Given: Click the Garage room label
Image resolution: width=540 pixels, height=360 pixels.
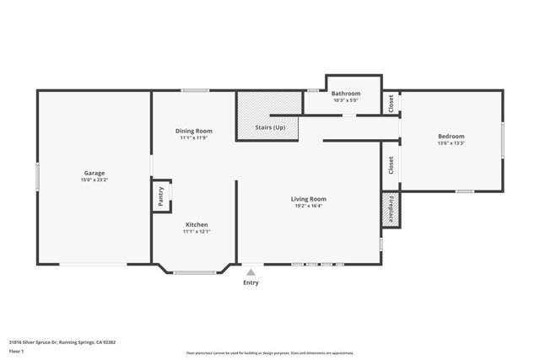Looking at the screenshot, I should click(x=94, y=173).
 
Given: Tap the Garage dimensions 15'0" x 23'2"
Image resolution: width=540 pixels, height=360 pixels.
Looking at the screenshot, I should click(x=94, y=180).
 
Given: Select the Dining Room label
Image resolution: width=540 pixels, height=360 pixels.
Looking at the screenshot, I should click(x=193, y=131).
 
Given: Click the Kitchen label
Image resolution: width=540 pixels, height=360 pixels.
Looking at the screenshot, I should click(x=197, y=224).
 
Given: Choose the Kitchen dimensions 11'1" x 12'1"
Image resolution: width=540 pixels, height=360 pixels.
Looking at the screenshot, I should click(x=197, y=232).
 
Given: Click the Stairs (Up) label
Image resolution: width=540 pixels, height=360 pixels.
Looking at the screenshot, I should click(x=270, y=127).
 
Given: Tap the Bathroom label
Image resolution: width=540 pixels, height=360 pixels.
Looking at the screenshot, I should click(x=346, y=94).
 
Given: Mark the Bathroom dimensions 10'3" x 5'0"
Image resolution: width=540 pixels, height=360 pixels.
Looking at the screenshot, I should click(x=346, y=100).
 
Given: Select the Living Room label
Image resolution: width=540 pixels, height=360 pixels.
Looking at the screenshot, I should click(x=310, y=199).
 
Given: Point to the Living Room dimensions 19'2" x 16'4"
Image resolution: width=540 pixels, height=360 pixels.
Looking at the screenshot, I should click(x=310, y=207).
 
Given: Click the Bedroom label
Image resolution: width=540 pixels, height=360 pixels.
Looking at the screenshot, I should click(x=451, y=136).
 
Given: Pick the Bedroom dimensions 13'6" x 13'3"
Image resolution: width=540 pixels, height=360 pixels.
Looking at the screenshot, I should click(x=451, y=143).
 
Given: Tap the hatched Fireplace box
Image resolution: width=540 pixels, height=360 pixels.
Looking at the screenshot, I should click(x=391, y=210).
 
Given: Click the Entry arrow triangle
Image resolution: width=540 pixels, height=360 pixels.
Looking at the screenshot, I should click(x=251, y=271).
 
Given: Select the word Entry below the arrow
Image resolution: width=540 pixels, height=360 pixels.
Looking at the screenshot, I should click(x=251, y=282).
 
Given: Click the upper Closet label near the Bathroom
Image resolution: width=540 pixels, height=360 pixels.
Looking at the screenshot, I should click(x=391, y=103).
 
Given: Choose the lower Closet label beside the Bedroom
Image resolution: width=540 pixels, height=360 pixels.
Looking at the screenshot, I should click(x=391, y=165).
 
